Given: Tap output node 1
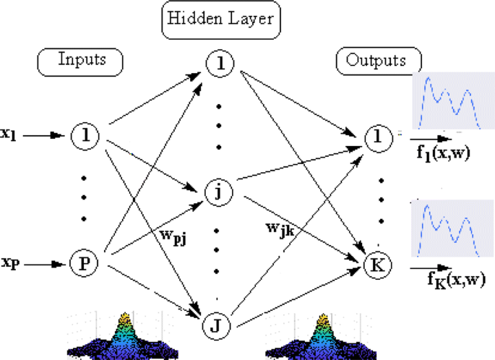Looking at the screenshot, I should tap(376, 134).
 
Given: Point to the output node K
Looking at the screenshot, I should tap(376, 264).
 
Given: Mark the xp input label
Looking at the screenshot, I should tap(11, 264).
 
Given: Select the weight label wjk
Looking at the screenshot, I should tap(282, 229).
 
